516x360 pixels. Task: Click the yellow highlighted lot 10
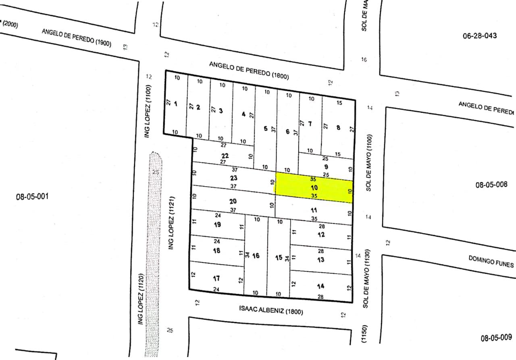coord(314,188)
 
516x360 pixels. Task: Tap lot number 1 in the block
coord(175,104)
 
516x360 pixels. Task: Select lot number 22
coord(225,156)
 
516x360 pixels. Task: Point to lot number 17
coord(216,278)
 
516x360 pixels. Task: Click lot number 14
coord(320,286)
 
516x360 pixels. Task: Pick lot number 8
coord(338,128)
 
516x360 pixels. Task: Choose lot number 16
coord(256,256)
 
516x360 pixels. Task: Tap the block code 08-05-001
coord(32,197)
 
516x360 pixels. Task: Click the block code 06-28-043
coord(480,36)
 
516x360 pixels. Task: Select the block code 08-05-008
coord(491,185)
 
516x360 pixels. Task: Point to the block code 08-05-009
coord(496,338)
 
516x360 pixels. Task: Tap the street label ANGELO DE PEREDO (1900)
coord(77,38)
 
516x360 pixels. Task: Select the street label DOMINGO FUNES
coord(491,261)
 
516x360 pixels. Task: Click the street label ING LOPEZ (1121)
coord(171,223)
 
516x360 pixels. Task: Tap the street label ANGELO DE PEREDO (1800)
coord(249,70)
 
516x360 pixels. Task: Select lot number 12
coord(321,235)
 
